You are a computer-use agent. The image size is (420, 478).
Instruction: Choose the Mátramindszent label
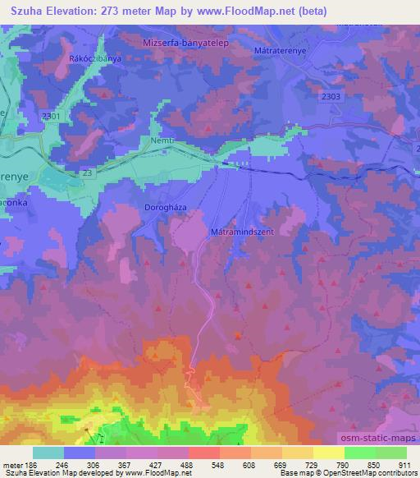click(245, 232)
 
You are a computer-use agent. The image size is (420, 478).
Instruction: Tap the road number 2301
click(51, 116)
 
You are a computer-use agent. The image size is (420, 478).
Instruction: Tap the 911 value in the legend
click(403, 464)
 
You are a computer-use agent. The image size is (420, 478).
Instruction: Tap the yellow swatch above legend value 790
click(329, 453)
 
